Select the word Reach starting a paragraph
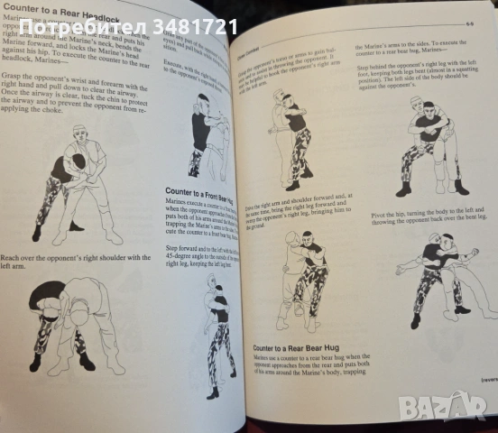click(x=15, y=258)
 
